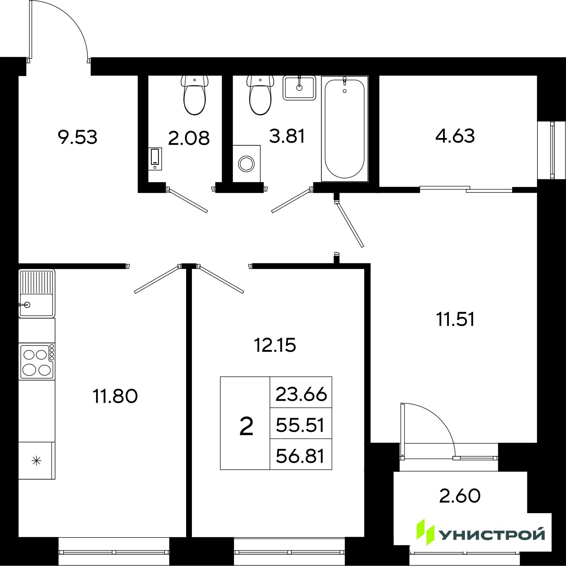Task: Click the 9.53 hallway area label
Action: point(78,138)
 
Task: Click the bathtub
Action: point(344,129)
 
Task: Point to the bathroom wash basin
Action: point(299,88)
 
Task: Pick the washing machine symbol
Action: point(246,163)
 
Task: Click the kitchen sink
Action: point(37,293)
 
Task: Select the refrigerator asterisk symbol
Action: point(37,461)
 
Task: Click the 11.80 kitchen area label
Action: point(115,396)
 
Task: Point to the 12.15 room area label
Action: point(275,346)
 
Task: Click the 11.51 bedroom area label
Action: point(456,319)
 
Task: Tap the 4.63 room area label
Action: point(455,136)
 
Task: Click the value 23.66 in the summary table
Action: point(301,394)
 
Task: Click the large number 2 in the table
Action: point(246,427)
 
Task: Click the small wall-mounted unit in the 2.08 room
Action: point(155,159)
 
